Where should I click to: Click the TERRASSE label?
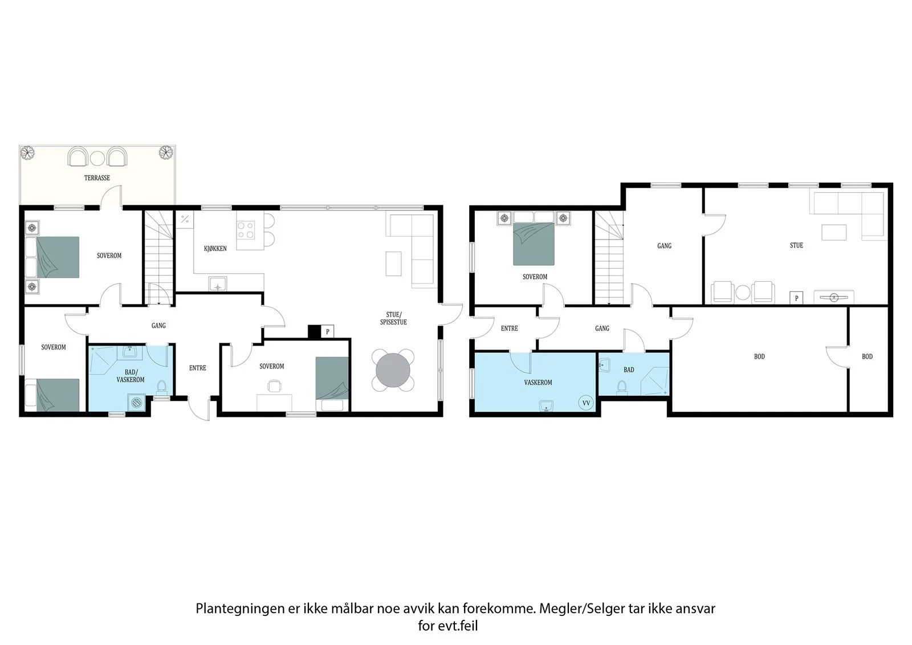[x=97, y=178]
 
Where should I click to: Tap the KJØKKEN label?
[x=215, y=249]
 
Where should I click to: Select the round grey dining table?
[x=393, y=370]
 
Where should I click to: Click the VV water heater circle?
[x=586, y=403]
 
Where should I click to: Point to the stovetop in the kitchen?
[x=246, y=229]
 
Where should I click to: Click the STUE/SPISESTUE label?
[x=393, y=318]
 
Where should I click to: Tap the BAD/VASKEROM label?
[x=131, y=376]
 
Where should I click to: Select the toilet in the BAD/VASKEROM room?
[x=162, y=387]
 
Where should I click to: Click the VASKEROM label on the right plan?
[x=538, y=383]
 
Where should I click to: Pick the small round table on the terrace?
[x=97, y=158]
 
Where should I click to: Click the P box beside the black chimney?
[x=327, y=332]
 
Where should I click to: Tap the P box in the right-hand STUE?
[x=796, y=298]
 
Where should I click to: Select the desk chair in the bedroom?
[x=274, y=386]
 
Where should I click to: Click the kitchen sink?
[x=218, y=283]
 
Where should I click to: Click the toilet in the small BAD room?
[x=622, y=387]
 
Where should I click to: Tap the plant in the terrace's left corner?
[x=28, y=152]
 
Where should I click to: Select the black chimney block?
[x=314, y=332]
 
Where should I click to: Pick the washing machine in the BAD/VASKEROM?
[x=136, y=403]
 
